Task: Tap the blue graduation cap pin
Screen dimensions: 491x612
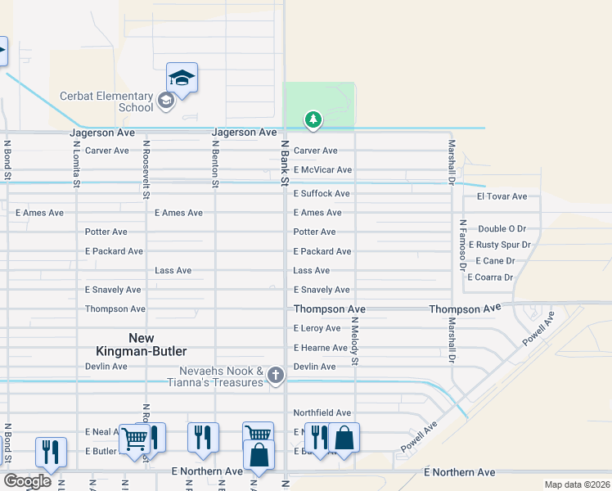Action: pyautogui.click(x=182, y=79)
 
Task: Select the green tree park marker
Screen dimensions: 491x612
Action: pyautogui.click(x=313, y=120)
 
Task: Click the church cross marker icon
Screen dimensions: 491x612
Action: pyautogui.click(x=276, y=376)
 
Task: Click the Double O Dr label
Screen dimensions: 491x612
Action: pyautogui.click(x=502, y=229)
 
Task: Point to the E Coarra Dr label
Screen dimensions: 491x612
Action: pyautogui.click(x=490, y=277)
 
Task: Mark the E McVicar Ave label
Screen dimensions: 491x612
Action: pyautogui.click(x=322, y=170)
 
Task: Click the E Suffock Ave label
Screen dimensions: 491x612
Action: pyautogui.click(x=322, y=194)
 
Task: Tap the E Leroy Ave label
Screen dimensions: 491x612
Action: pyautogui.click(x=317, y=328)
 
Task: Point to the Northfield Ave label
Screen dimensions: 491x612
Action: pyautogui.click(x=322, y=413)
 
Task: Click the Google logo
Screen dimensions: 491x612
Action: pyautogui.click(x=27, y=481)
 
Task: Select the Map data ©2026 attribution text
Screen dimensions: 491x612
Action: pyautogui.click(x=576, y=484)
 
